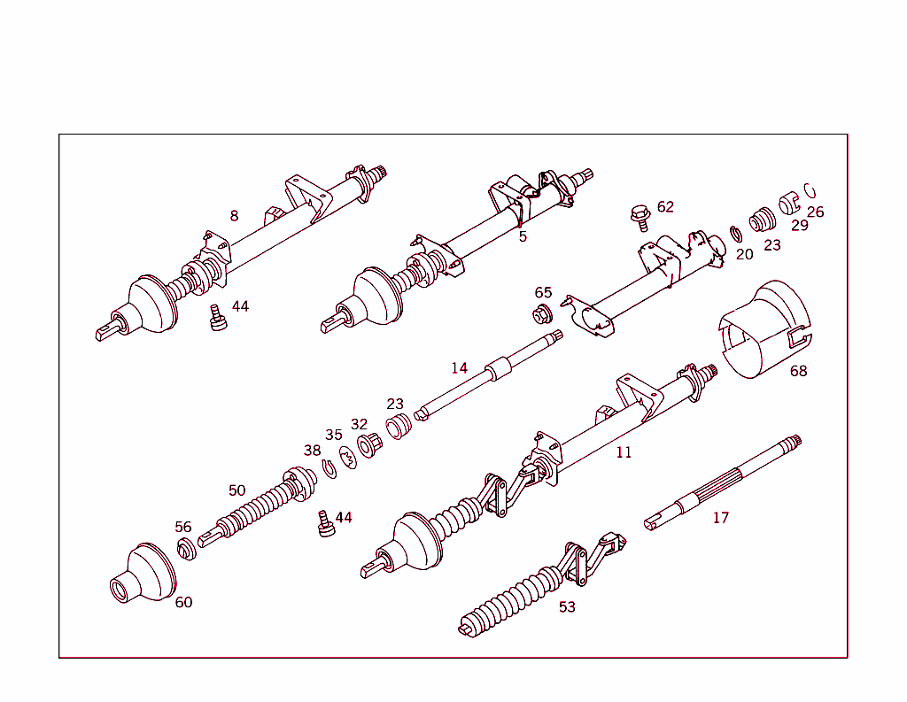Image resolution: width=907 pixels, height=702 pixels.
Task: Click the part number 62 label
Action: [x=665, y=207]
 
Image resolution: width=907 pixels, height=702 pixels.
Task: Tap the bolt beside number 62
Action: [x=640, y=218]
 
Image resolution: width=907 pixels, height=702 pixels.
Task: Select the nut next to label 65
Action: [x=543, y=315]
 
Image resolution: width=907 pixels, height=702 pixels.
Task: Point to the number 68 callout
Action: [x=798, y=371]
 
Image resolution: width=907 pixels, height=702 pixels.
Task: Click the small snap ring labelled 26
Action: [x=810, y=190]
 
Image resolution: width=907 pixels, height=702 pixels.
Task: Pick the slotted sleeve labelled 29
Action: [x=788, y=203]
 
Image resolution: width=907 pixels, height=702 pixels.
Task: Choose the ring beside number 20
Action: [x=736, y=235]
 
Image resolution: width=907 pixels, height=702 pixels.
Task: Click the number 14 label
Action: [x=460, y=367]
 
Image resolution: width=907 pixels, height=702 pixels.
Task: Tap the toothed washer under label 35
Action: [x=348, y=458]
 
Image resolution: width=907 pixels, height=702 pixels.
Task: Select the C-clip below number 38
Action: [x=329, y=468]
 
